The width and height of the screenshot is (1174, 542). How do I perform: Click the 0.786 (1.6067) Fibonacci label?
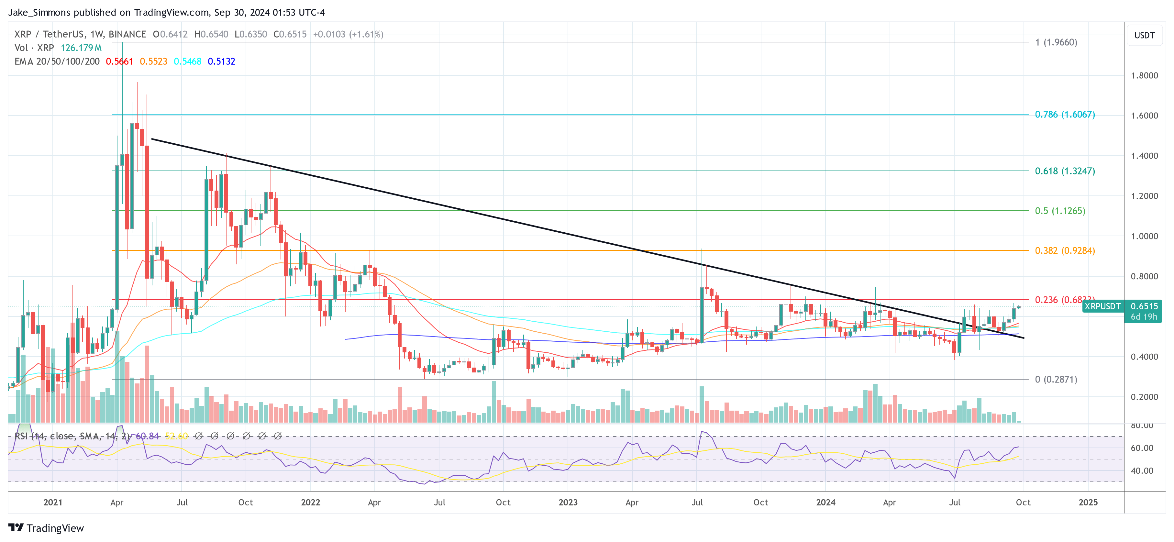[x=1064, y=115]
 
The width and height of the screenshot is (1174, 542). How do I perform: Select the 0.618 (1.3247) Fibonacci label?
[x=1064, y=171]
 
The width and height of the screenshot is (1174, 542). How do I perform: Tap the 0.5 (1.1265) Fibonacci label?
[x=1059, y=211]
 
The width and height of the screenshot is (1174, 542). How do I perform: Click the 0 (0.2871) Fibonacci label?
[x=1056, y=379]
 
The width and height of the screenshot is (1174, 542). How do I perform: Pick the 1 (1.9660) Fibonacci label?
[x=1056, y=42]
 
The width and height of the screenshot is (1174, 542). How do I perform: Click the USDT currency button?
[x=1144, y=35]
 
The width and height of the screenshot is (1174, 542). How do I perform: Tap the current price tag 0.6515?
[x=1144, y=306]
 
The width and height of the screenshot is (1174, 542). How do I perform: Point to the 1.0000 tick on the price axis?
[x=1144, y=236]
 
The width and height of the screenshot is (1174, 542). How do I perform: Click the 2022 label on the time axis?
[x=310, y=502]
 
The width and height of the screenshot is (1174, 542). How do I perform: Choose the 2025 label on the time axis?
[x=1088, y=502]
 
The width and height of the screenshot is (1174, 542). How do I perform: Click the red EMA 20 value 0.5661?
[x=119, y=61]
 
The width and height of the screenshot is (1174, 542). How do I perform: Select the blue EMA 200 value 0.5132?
[x=221, y=61]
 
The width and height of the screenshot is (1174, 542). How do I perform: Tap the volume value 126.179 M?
[x=81, y=48]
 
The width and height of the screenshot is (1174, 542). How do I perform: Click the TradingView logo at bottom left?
[x=46, y=528]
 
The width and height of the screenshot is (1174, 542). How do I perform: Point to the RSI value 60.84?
[x=147, y=436]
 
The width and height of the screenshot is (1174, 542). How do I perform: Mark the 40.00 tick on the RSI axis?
[x=1142, y=471]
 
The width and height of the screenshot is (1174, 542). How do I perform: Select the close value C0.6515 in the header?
[x=290, y=34]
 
